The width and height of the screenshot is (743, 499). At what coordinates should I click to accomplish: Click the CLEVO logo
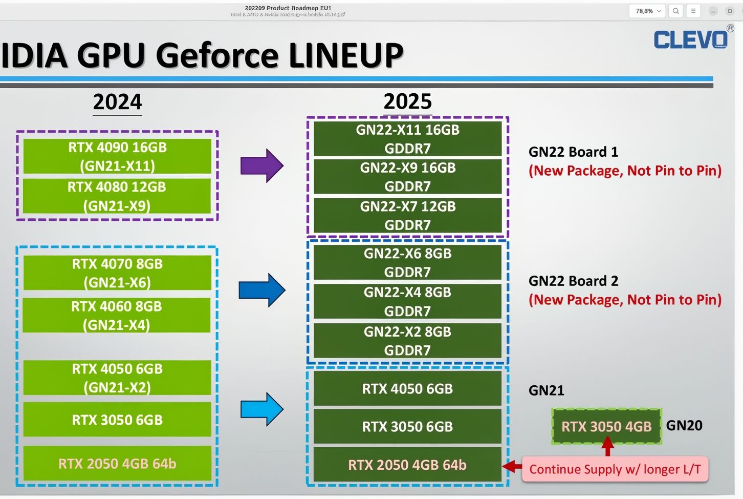coord(690,39)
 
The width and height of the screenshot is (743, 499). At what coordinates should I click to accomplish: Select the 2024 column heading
coord(117,101)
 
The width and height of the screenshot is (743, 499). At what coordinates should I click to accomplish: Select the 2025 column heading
coord(407,101)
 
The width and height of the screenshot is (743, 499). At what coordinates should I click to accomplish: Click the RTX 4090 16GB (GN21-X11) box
coord(117,156)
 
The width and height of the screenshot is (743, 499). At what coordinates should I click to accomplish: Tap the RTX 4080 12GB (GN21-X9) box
coord(117,196)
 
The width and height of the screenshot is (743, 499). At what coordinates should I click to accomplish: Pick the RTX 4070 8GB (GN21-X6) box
coord(117,273)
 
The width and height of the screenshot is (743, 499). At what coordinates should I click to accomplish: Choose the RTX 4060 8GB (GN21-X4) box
coord(117,315)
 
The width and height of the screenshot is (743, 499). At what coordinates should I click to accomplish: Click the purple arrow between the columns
coord(261,165)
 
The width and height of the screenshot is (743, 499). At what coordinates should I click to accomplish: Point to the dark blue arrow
coord(261,290)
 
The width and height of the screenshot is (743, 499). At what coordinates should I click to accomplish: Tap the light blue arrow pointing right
coord(261,409)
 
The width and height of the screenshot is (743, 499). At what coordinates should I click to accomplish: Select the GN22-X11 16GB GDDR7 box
coord(407,138)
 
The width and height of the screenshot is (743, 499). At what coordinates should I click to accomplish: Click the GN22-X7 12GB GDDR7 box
coord(407,215)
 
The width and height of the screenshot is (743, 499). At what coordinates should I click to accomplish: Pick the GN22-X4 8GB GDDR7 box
coord(407,301)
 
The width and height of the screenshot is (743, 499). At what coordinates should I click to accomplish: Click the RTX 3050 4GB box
coord(606,426)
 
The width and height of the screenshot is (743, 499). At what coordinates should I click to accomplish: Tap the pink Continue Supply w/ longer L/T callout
coord(615,469)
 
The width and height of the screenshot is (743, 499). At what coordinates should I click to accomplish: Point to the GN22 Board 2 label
coord(573,281)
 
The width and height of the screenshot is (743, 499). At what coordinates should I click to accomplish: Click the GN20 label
coord(684,425)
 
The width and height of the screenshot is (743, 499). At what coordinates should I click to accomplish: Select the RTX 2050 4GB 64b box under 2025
coord(407,465)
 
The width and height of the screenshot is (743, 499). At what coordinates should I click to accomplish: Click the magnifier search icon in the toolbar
coord(676,11)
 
